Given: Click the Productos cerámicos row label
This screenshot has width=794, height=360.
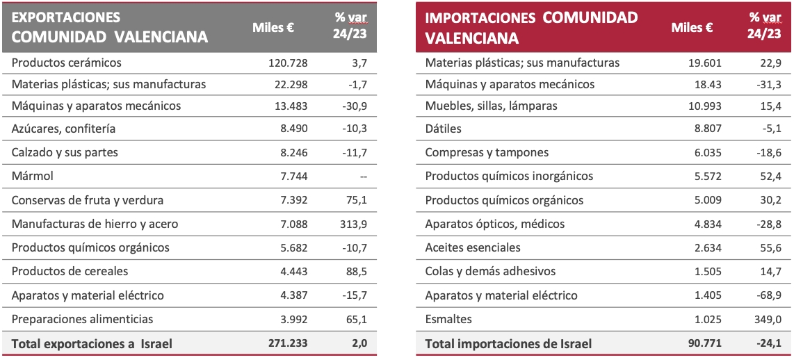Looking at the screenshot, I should tap(67, 63).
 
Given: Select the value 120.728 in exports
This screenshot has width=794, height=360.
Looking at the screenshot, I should tap(288, 63).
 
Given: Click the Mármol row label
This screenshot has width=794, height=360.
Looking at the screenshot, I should tap(33, 177).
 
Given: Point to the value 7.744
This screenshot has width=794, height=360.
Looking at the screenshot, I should tap(293, 177).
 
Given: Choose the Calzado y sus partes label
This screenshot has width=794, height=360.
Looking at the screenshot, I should tap(65, 153).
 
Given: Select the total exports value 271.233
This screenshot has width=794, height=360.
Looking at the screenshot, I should tap(288, 343).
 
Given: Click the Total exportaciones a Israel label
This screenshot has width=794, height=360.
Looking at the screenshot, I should tap(92, 343).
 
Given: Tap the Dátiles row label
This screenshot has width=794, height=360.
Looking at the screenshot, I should tap(443, 129).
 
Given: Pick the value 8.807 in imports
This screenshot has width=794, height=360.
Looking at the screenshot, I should tap(707, 129).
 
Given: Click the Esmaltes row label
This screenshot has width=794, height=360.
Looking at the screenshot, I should tap(448, 319).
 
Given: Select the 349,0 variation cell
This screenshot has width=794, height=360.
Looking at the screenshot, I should tap(768, 319).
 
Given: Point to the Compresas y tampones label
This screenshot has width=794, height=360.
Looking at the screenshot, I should tap(487, 152).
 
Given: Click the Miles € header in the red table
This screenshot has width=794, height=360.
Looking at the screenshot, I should tap(692, 28).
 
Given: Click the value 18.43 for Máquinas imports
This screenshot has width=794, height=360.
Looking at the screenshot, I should tap(709, 84).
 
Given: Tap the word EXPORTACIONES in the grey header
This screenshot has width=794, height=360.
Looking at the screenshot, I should tap(66, 17).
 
